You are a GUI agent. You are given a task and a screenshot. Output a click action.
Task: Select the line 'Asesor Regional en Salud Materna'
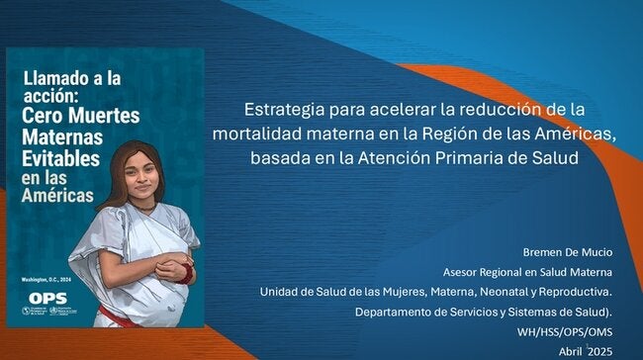[526, 272]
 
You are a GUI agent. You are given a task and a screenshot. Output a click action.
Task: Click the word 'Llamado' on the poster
[55, 76]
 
